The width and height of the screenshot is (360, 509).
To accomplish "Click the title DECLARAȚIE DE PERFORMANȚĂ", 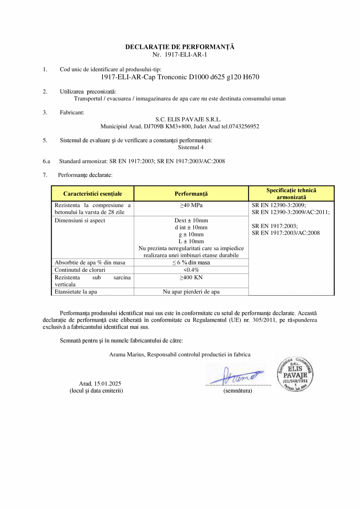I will pyautogui.click(x=180, y=47).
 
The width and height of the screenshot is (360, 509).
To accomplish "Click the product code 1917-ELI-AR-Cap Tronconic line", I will pyautogui.click(x=180, y=77).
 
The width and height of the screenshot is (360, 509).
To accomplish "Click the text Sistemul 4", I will pyautogui.click(x=191, y=148).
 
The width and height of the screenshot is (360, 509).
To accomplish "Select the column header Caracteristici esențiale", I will pyautogui.click(x=93, y=193).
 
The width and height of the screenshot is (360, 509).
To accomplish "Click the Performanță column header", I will pyautogui.click(x=191, y=193).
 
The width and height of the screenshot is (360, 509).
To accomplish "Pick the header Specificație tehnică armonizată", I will pyautogui.click(x=291, y=193).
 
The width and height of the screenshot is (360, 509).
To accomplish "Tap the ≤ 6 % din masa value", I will pyautogui.click(x=191, y=262).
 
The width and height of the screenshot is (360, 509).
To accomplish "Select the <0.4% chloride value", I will pyautogui.click(x=191, y=270).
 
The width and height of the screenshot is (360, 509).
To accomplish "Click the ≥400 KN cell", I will pyautogui.click(x=191, y=277).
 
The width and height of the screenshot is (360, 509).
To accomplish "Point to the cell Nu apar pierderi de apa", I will pyautogui.click(x=191, y=292).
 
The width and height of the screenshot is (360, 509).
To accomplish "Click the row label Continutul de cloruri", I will pyautogui.click(x=80, y=270).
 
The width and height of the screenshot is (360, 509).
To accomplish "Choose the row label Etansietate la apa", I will pyautogui.click(x=76, y=292).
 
